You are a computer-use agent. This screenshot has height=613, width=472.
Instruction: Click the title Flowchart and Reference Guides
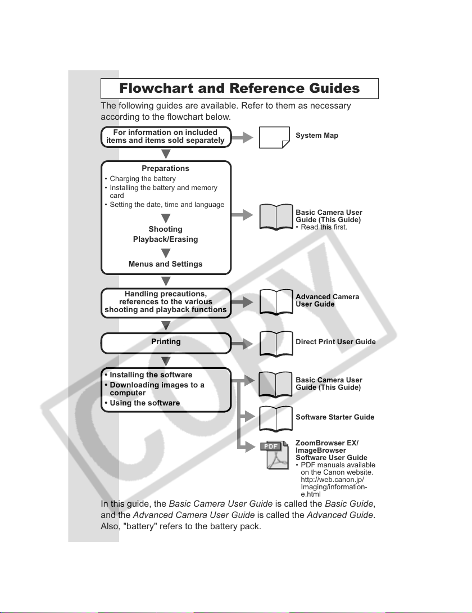239,88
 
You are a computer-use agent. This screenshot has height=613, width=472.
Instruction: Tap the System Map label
317,136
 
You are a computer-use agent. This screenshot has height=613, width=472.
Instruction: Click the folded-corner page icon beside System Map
274,138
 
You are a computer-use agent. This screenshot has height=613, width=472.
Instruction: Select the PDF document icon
274,455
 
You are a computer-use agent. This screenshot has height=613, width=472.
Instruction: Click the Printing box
166,343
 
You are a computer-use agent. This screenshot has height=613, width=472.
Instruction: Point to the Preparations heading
165,169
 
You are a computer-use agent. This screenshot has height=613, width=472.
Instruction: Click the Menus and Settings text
165,264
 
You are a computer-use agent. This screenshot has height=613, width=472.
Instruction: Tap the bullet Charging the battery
140,179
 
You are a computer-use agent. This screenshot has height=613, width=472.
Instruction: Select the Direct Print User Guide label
335,342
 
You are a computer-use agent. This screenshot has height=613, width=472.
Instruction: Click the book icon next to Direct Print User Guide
276,344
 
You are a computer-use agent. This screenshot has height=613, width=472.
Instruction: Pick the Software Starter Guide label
335,417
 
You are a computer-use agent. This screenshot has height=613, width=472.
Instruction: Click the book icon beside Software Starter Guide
276,419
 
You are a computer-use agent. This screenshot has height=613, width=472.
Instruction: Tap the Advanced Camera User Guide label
328,300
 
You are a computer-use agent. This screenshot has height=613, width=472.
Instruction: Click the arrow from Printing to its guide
242,344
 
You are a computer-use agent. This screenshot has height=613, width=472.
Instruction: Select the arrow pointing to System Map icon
242,137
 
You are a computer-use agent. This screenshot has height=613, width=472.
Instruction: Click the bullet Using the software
142,403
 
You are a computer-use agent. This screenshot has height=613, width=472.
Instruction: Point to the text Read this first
321,227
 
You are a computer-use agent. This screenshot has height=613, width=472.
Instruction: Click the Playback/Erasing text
165,239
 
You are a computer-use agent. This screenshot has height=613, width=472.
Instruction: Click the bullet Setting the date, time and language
165,205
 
